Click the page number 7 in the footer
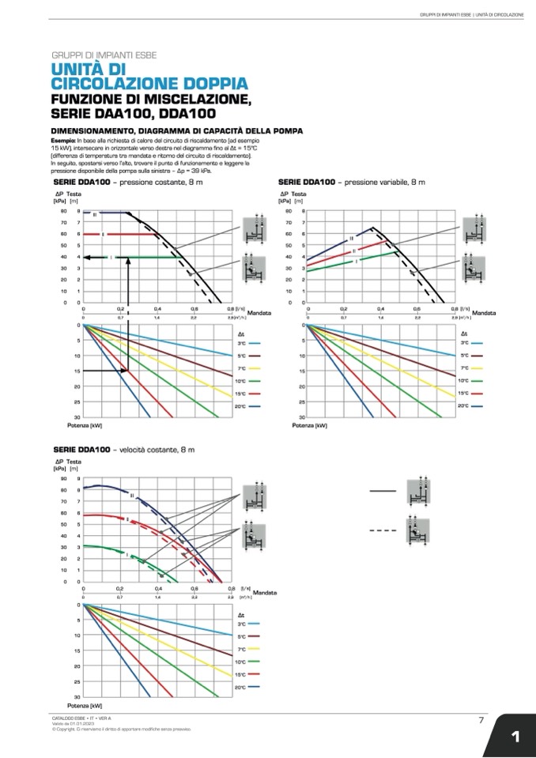[x=481, y=720]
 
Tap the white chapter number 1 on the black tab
[x=515, y=737]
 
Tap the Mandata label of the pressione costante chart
[x=259, y=313]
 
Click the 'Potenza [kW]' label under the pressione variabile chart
[x=309, y=425]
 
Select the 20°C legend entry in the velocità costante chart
[x=241, y=687]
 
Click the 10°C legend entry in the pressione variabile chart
[x=464, y=381]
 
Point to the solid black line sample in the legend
[x=383, y=491]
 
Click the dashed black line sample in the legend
[x=383, y=530]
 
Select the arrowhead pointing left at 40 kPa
[x=87, y=257]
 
